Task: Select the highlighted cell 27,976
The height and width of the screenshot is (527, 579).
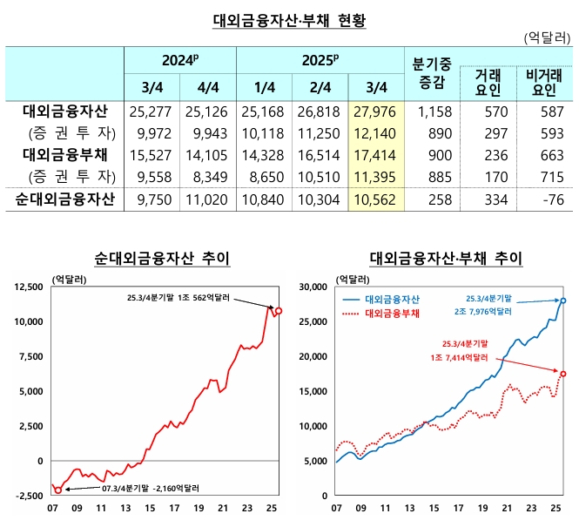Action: (378, 111)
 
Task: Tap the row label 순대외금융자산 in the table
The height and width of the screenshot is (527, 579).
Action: (65, 199)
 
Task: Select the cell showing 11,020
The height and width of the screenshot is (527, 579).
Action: (208, 199)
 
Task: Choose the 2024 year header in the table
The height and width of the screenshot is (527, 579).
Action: (180, 60)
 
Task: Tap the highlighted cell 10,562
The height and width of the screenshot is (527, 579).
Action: (378, 199)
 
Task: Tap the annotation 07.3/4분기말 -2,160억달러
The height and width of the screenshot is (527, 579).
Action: (151, 489)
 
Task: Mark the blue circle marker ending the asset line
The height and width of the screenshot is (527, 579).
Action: (563, 301)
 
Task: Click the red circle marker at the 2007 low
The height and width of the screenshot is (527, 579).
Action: (58, 490)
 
